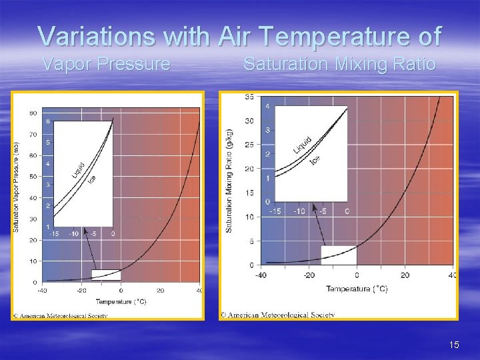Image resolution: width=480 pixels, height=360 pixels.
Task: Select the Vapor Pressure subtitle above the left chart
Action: click(106, 64)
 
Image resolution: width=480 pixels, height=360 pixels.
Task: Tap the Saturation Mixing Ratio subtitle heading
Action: click(339, 64)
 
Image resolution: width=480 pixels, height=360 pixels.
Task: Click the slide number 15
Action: click(454, 345)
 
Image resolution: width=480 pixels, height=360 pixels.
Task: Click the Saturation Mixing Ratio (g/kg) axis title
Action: click(229, 181)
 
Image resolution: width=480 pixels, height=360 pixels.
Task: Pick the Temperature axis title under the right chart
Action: click(357, 289)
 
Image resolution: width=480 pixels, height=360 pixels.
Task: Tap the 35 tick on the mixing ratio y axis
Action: click(249, 97)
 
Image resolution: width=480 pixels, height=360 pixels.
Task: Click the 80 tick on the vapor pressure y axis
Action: click(33, 113)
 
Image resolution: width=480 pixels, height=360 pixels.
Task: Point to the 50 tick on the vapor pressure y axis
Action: click(33, 177)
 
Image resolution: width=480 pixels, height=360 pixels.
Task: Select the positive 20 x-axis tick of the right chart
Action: click(405, 275)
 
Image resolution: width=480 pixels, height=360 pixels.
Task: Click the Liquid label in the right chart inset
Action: click(303, 145)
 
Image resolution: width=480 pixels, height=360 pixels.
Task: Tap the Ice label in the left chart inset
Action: click(93, 178)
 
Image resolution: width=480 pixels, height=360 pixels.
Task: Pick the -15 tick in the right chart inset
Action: click(275, 211)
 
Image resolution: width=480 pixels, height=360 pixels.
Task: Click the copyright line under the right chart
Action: click(278, 315)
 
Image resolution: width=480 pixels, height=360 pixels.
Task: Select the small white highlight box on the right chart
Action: click(339, 255)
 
